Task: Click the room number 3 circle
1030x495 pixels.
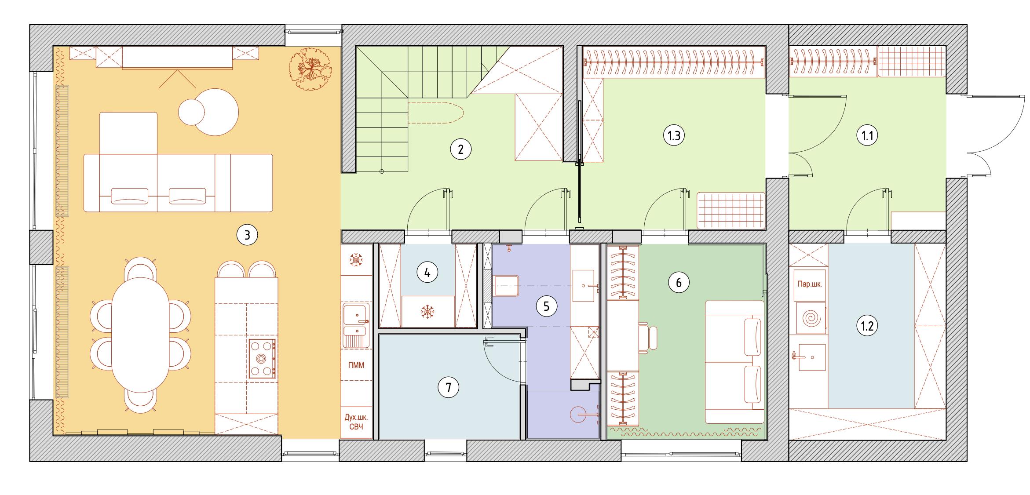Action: click(x=247, y=235)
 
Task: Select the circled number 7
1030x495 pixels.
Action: click(x=449, y=387)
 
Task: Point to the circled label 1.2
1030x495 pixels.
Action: click(x=867, y=326)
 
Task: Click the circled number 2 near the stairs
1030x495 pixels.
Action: click(x=460, y=149)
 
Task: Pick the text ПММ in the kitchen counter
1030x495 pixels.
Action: click(x=356, y=365)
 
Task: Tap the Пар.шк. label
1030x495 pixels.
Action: click(x=810, y=284)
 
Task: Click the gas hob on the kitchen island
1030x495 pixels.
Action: click(x=262, y=359)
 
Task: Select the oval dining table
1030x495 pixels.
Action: click(x=140, y=335)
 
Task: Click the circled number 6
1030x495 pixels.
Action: click(x=679, y=283)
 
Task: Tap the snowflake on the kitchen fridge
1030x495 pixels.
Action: click(x=355, y=260)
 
